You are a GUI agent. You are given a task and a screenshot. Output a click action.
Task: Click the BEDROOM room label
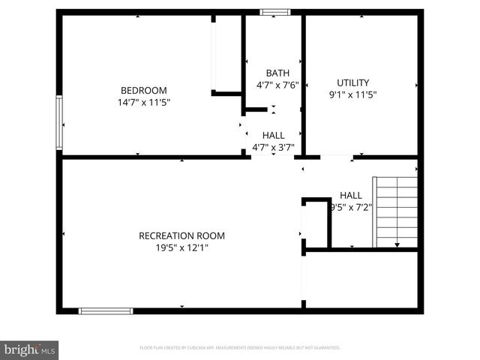coord(144,90)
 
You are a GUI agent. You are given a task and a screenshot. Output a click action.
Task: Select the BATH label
coord(277,73)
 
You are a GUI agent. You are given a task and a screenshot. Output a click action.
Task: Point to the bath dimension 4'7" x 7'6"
coord(277,85)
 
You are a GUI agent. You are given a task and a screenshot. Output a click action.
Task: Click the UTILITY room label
coord(352,82)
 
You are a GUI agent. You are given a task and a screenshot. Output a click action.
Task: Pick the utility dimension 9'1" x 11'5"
coord(352,95)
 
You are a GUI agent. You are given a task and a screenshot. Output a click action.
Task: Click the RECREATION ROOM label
coord(181,235)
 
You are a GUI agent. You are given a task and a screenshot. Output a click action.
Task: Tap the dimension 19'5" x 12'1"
coord(181,247)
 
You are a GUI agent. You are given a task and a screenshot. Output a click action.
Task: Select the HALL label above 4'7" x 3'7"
coord(273,135)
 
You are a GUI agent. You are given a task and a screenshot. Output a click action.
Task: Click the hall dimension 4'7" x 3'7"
coord(273,147)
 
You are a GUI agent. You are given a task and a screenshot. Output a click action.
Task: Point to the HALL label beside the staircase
coord(351,195)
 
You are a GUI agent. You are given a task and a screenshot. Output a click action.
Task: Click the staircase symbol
coord(396,212)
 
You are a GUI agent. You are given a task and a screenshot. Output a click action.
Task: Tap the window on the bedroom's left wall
coord(59,122)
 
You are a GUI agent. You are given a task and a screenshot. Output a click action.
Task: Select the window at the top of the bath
coord(275,12)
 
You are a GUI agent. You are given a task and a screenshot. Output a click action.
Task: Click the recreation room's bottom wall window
coord(106,310)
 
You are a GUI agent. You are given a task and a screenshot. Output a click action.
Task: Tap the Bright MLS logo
coord(30,349)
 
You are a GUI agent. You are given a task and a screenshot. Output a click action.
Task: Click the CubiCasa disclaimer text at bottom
coord(240,348)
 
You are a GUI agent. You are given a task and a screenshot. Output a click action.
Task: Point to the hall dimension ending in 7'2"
coord(351,207)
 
